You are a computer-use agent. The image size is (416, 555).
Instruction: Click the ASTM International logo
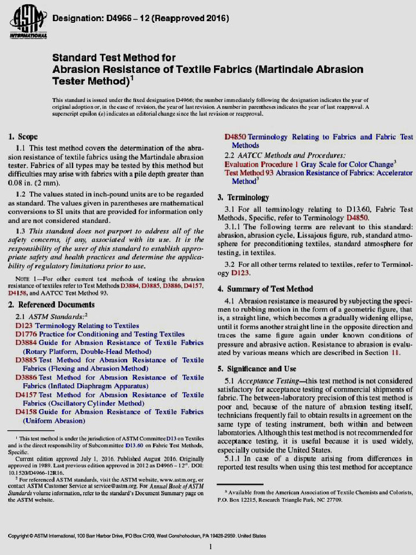[27, 22]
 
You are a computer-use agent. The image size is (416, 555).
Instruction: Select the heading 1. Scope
[24, 137]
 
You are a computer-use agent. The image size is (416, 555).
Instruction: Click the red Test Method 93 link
[249, 172]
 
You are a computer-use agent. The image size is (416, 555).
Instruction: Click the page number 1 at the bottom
[210, 546]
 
